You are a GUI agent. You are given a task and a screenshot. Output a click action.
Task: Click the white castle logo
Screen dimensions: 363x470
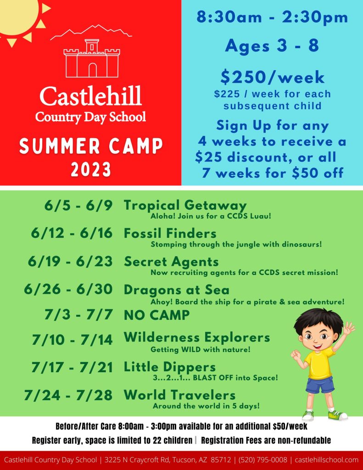pyautogui.click(x=91, y=58)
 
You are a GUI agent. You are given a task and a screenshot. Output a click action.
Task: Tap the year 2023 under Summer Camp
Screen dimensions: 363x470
pyautogui.click(x=91, y=169)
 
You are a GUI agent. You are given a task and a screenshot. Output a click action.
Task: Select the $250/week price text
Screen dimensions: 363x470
pyautogui.click(x=272, y=77)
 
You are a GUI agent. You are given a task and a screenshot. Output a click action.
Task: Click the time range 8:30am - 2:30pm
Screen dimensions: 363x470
pyautogui.click(x=272, y=17)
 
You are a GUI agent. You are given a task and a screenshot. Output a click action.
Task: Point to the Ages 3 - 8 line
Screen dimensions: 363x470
pyautogui.click(x=272, y=45)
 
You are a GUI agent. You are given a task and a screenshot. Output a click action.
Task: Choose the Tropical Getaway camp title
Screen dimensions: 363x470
pyautogui.click(x=185, y=206)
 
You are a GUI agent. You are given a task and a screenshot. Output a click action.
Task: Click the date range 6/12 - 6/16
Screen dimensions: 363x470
pyautogui.click(x=72, y=233)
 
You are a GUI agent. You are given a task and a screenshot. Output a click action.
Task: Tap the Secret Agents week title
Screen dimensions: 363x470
pyautogui.click(x=171, y=262)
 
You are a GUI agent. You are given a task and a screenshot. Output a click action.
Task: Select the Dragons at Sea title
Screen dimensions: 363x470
pyautogui.click(x=177, y=290)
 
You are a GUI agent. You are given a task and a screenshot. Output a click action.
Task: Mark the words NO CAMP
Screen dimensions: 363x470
pyautogui.click(x=157, y=315)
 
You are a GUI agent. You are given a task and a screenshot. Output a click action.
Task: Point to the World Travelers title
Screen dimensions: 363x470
pyautogui.click(x=179, y=395)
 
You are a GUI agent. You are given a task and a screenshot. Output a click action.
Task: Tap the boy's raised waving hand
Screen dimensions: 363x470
pyautogui.click(x=349, y=329)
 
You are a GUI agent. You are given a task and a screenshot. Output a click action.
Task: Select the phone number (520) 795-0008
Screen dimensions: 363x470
pyautogui.click(x=262, y=460)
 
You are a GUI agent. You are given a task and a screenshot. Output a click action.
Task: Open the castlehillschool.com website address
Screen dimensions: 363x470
pyautogui.click(x=326, y=460)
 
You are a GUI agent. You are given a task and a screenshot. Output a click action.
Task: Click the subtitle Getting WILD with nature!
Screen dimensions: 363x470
pyautogui.click(x=200, y=349)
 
